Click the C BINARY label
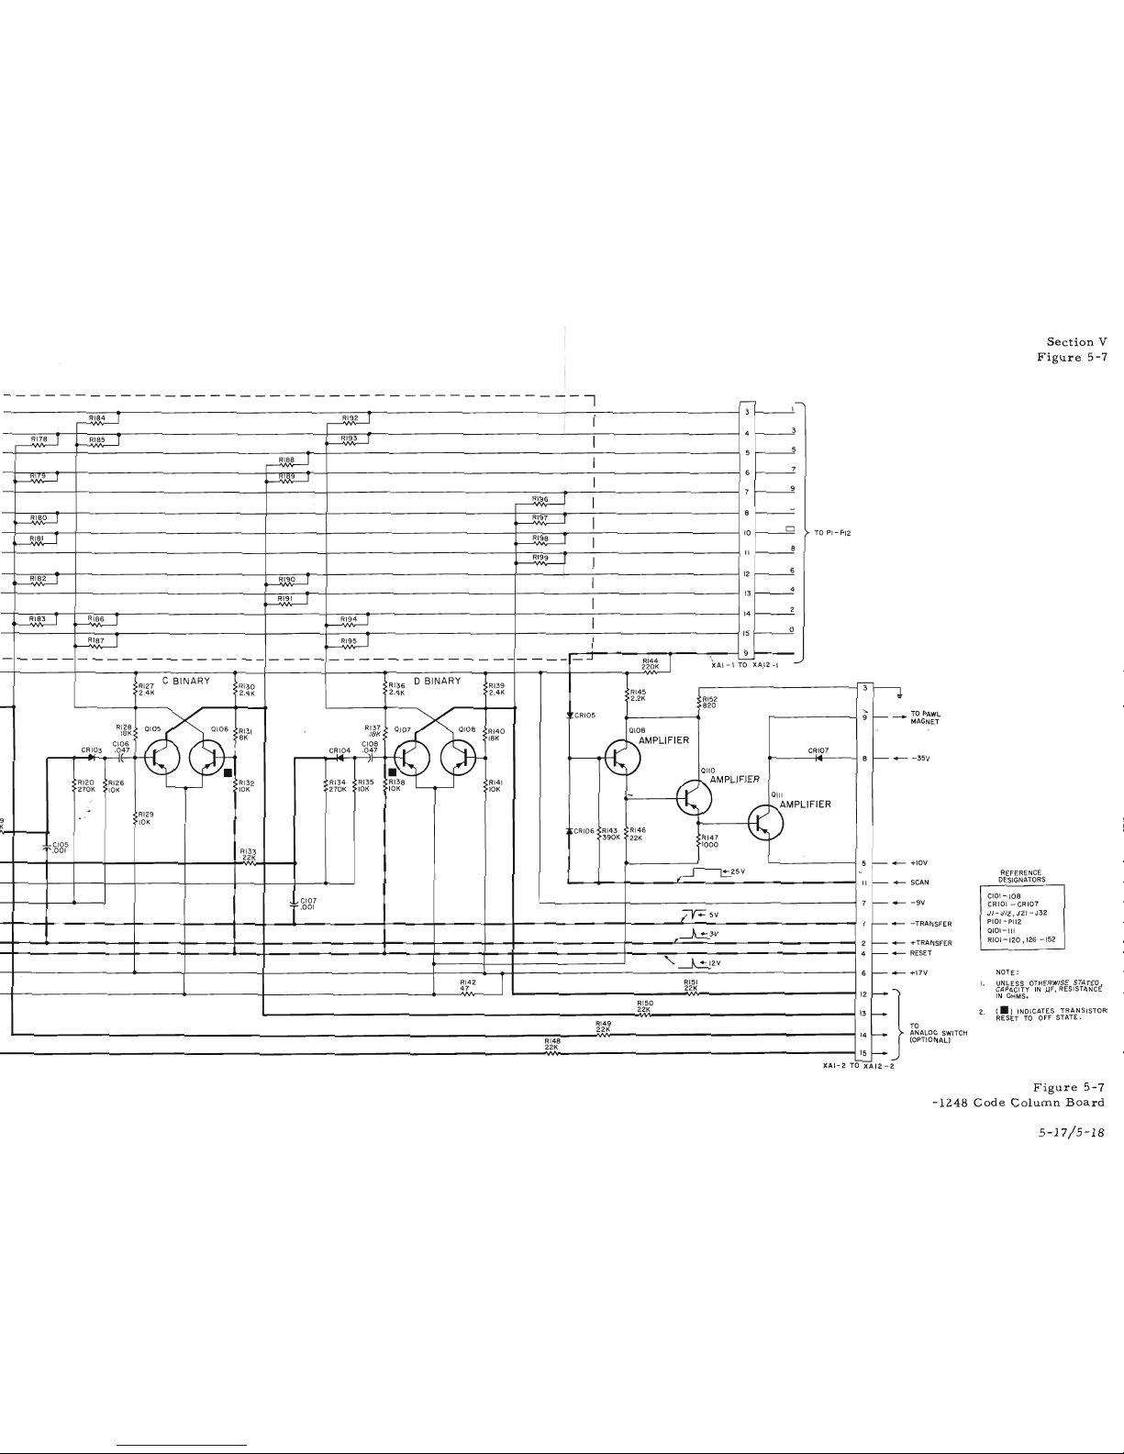(186, 682)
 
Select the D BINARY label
(438, 682)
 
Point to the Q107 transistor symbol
(411, 757)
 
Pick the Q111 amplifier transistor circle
(762, 823)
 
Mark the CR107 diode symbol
(818, 759)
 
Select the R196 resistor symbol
(541, 505)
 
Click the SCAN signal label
(919, 882)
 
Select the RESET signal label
(920, 953)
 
